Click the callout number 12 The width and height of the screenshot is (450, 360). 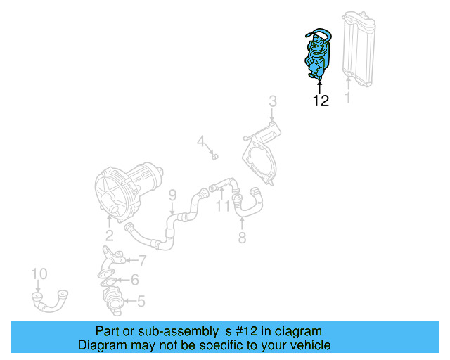click(320, 101)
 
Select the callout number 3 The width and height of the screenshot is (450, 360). click(272, 103)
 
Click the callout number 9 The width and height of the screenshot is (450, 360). click(172, 194)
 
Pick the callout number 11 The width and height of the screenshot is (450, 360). click(223, 206)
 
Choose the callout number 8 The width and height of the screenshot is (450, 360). click(242, 238)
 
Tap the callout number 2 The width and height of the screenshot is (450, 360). click(109, 235)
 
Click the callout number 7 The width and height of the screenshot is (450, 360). click(142, 261)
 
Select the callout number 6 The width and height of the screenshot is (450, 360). click(134, 280)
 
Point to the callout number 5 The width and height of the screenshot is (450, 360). click(141, 302)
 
